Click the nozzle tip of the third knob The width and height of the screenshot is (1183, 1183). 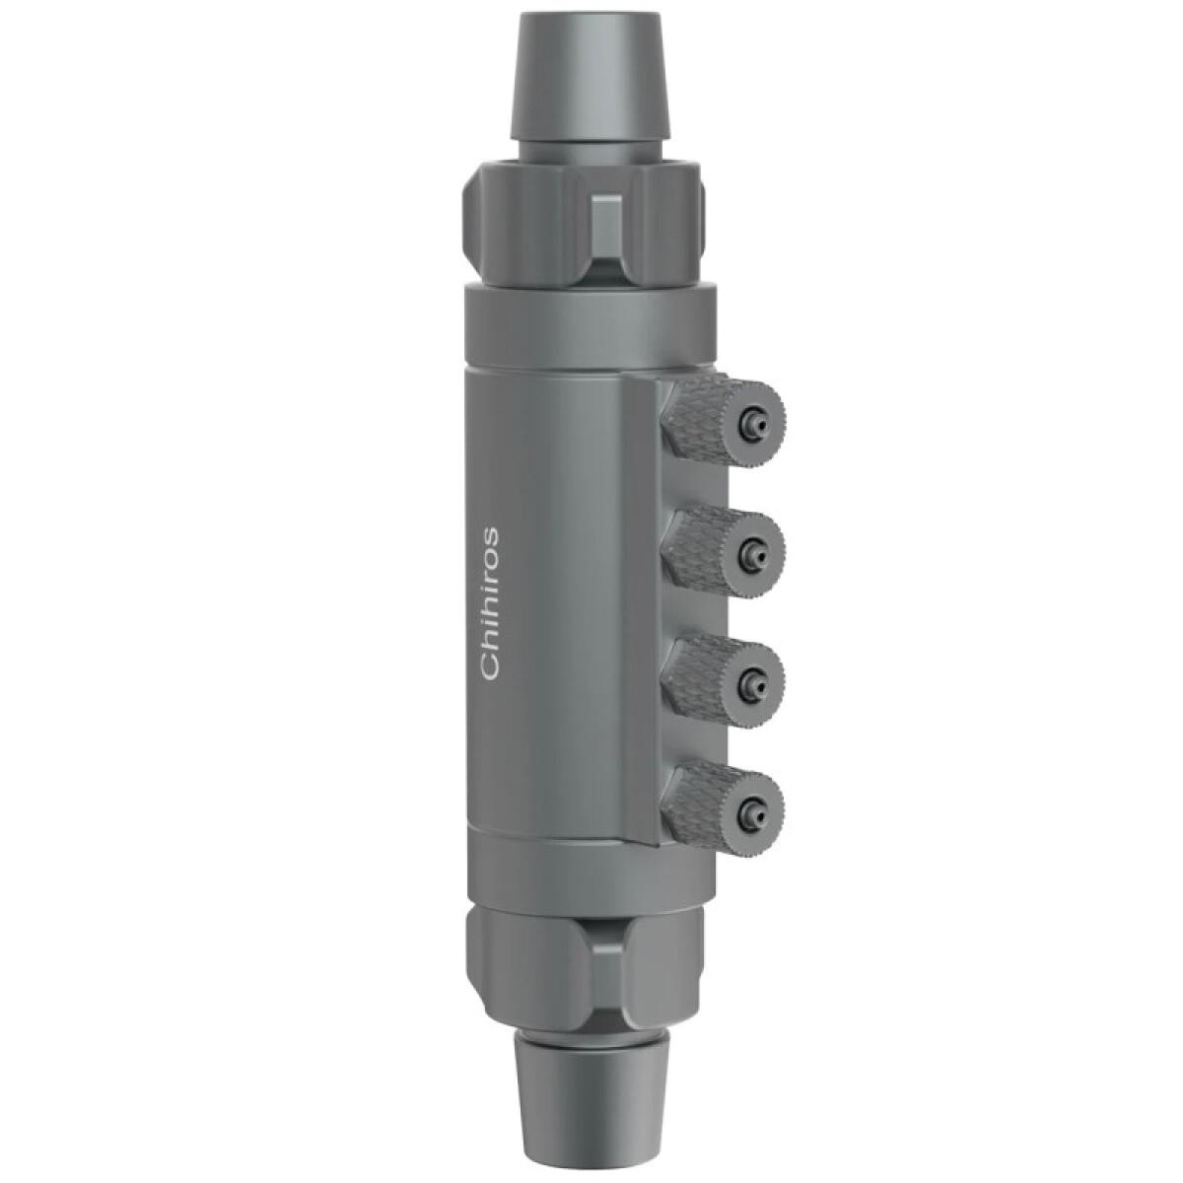pos(757,677)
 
